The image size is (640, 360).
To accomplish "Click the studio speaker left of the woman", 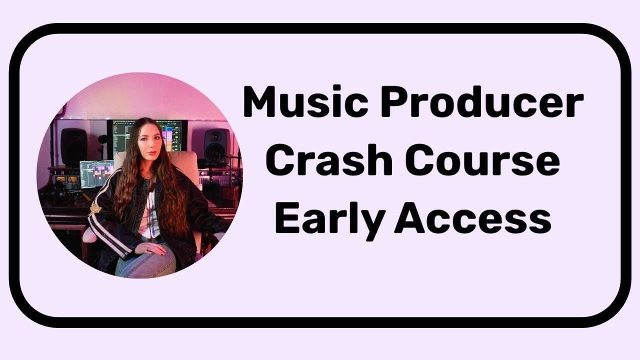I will coord(73,146).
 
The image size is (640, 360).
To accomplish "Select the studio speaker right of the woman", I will coord(216,147).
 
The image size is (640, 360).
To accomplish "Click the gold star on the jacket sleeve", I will coord(95,210).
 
